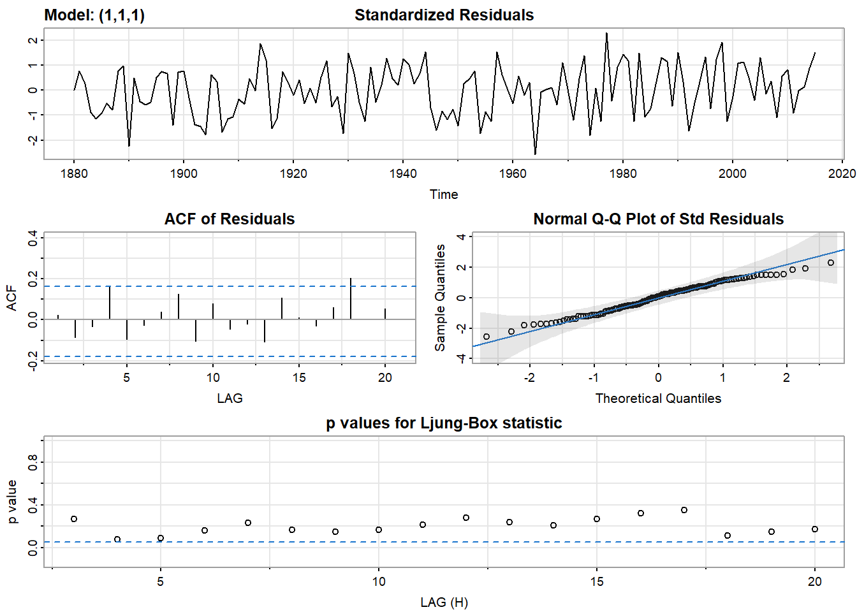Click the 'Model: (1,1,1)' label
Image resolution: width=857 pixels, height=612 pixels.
click(94, 15)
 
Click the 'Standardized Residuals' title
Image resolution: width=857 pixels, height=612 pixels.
click(444, 15)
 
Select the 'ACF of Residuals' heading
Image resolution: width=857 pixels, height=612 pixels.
click(230, 219)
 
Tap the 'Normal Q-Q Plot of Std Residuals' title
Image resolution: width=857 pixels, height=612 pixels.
click(658, 219)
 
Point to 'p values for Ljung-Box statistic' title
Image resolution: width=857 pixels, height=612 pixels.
click(444, 423)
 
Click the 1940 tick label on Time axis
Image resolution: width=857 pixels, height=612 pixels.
click(403, 174)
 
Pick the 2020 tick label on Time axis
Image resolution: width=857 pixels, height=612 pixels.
click(842, 174)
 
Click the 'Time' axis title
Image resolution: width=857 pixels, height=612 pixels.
click(444, 194)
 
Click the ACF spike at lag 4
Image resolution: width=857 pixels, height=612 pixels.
click(110, 303)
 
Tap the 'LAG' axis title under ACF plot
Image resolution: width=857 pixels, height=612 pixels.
click(230, 398)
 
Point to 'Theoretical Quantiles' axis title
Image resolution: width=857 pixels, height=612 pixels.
click(658, 398)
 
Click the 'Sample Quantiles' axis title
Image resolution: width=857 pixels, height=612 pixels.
click(440, 298)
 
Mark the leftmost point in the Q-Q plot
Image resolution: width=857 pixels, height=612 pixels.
click(487, 337)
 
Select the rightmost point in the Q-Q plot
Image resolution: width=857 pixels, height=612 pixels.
click(830, 263)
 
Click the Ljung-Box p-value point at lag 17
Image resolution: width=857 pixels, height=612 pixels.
click(684, 510)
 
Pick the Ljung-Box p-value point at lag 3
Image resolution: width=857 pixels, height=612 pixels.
click(74, 519)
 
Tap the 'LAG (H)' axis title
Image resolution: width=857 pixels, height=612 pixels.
click(444, 602)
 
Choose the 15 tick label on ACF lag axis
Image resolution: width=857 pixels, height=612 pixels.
click(299, 378)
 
